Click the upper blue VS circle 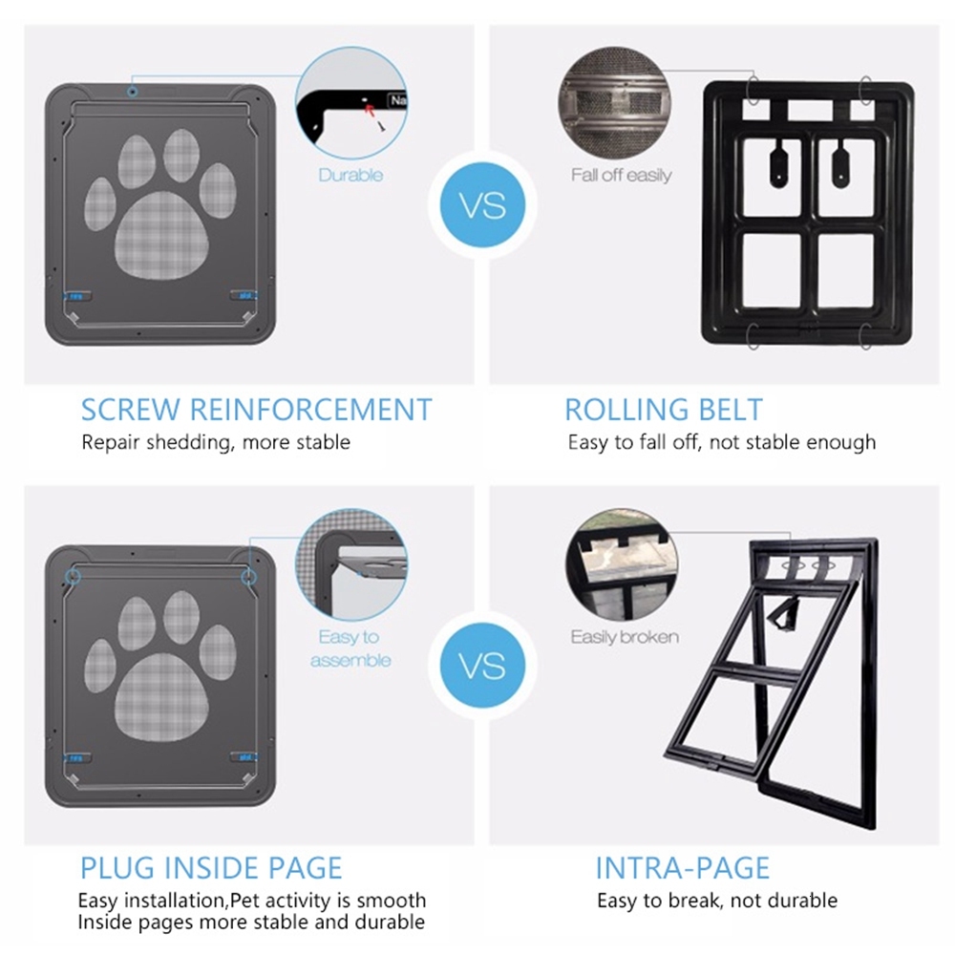click(482, 206)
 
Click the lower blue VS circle click(482, 665)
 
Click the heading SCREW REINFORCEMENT click(256, 410)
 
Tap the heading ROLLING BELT click(664, 410)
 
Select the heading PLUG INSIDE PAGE click(210, 867)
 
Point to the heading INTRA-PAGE click(682, 867)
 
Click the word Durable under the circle click(350, 175)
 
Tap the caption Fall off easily click(621, 175)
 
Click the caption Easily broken click(625, 636)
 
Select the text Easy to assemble click(350, 647)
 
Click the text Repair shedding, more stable click(216, 442)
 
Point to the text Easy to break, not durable click(716, 901)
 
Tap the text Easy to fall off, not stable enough click(721, 442)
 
